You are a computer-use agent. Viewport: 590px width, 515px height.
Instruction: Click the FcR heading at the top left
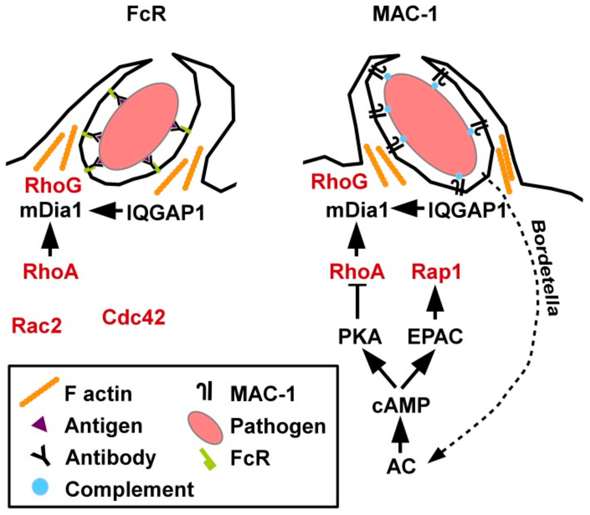click(x=146, y=15)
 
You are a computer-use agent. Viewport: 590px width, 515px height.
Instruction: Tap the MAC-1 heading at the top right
click(x=405, y=15)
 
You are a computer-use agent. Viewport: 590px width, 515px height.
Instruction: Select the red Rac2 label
click(x=37, y=326)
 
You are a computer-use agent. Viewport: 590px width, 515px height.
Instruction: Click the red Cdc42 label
click(x=133, y=317)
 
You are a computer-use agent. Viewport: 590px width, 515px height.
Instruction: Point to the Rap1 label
click(x=436, y=272)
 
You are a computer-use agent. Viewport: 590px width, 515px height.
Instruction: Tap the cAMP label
click(x=401, y=406)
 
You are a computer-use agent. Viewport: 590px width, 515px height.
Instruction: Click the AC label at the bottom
click(x=401, y=466)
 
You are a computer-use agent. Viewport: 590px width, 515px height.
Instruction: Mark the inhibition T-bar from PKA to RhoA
click(x=357, y=301)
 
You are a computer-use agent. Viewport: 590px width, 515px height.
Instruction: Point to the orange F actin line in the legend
click(x=39, y=392)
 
